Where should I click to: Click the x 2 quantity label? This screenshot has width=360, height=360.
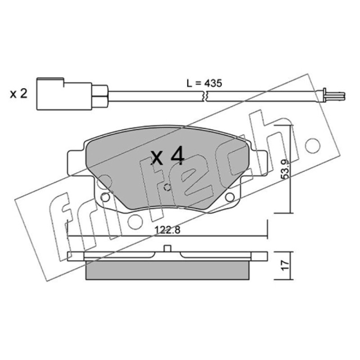[x=18, y=94]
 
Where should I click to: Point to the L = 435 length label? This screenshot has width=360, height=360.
[x=204, y=83]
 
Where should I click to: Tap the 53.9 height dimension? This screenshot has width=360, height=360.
[x=285, y=169]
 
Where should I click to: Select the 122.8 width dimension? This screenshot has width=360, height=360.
[x=167, y=230]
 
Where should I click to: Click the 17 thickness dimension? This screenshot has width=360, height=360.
[x=285, y=265]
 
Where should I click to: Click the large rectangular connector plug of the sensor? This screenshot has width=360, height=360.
[x=64, y=94]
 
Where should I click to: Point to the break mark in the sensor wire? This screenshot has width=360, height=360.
[x=205, y=96]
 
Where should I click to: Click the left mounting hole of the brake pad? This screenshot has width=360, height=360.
[x=105, y=197]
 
